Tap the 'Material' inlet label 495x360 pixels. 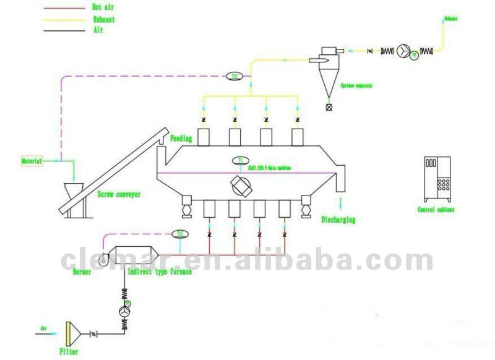(32, 161)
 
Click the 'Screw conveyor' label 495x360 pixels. (119, 194)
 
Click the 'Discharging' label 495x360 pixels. (338, 220)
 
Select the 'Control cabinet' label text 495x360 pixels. (436, 210)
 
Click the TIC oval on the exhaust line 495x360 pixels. (234, 76)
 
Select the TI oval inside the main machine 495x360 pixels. (241, 161)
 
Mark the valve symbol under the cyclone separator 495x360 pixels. (328, 107)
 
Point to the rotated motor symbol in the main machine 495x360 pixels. (241, 184)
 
